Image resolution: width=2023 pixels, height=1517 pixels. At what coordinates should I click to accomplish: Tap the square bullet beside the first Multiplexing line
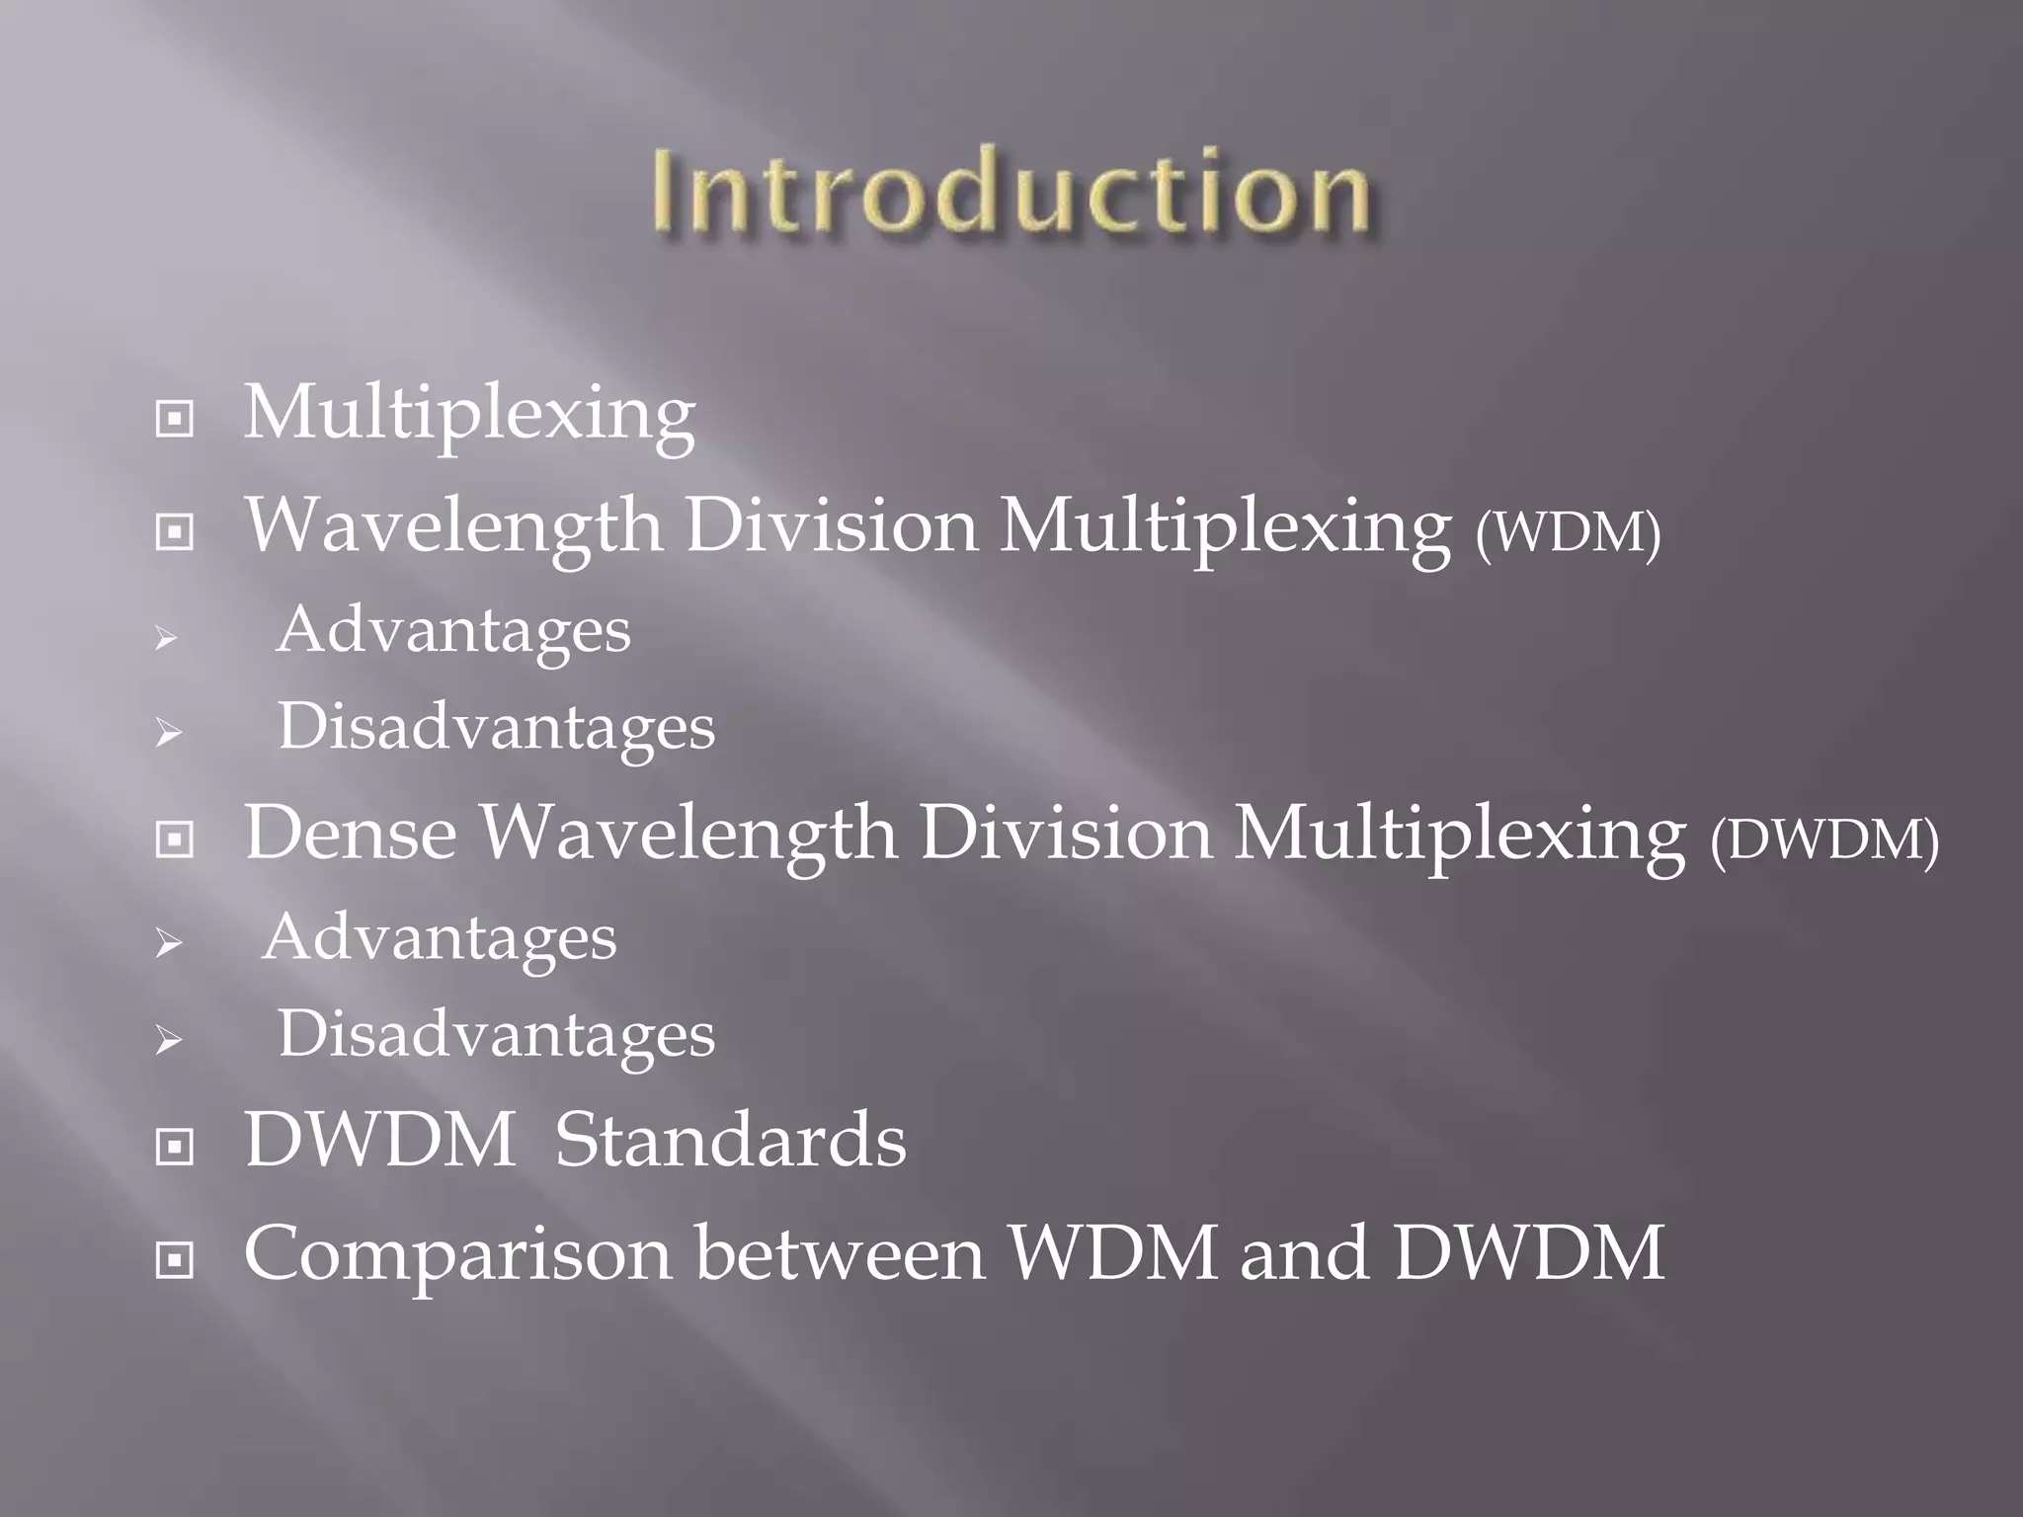tap(175, 420)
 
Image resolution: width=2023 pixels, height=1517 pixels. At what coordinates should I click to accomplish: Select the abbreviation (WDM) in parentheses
tap(1568, 532)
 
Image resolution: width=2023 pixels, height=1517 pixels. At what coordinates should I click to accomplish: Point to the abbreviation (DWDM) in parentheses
tap(1824, 840)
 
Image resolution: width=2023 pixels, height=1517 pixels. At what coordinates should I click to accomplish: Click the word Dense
tap(351, 835)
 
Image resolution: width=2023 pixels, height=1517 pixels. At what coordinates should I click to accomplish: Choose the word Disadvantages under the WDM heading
tap(496, 729)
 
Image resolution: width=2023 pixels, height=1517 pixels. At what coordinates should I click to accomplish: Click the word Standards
tap(730, 1141)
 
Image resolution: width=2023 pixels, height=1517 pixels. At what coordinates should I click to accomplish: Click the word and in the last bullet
tap(1304, 1254)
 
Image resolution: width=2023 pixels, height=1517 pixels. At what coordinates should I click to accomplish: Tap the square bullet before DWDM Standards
tap(175, 1147)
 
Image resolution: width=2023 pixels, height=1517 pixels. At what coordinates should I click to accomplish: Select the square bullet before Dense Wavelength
tap(175, 840)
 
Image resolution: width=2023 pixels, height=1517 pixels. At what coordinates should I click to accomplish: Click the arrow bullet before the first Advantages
tap(167, 639)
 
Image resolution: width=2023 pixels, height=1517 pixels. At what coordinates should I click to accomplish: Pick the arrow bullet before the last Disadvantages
tap(167, 1040)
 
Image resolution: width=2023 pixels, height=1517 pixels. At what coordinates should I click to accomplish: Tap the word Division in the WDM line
tap(831, 526)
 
